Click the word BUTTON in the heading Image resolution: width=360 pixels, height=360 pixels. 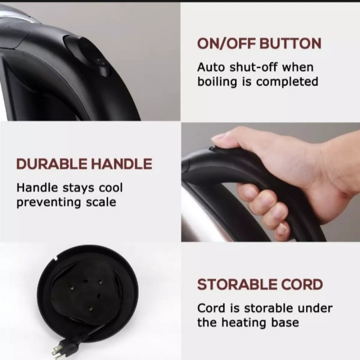tap(290, 43)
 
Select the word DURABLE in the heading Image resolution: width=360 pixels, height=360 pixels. tap(52, 164)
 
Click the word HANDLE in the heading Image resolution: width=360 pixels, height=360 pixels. tap(121, 164)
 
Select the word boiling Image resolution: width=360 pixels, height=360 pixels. tap(217, 82)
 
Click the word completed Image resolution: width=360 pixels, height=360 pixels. tap(287, 82)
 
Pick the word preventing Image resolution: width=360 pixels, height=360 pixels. tap(49, 202)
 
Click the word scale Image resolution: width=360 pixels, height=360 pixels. tap(101, 202)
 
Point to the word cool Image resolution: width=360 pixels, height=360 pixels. tap(111, 188)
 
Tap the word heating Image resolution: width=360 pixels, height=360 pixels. tap(244, 323)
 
